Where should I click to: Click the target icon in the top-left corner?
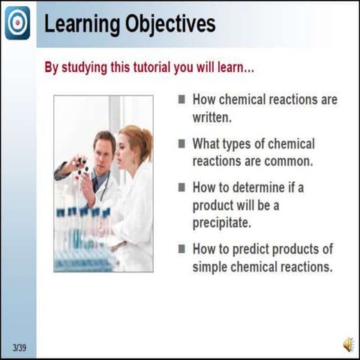tap(17, 22)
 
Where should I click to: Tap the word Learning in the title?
tap(76, 24)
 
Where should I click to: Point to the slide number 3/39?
tap(19, 346)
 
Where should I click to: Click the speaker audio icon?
tap(348, 344)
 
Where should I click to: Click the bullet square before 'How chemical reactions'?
tap(181, 99)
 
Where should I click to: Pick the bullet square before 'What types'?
tap(181, 142)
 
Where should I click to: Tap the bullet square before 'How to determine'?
tap(181, 187)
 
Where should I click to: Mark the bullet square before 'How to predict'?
tap(181, 248)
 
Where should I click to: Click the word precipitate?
tap(223, 223)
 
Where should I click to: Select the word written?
tap(212, 117)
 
